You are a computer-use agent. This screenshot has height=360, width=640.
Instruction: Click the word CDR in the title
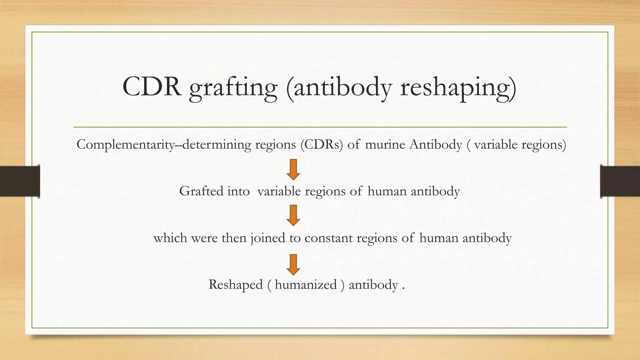click(x=152, y=87)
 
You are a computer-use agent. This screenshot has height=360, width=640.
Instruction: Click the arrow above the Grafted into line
click(x=293, y=170)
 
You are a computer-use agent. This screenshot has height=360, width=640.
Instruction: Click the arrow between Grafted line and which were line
click(x=293, y=215)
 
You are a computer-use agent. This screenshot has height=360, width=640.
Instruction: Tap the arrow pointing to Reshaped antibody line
click(x=293, y=264)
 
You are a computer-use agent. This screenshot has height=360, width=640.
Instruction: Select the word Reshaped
click(x=235, y=285)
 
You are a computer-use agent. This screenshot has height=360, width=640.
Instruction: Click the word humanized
click(x=306, y=285)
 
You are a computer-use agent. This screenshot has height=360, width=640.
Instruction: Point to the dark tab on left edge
click(x=20, y=181)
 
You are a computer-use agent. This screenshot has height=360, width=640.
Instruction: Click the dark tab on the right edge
click(x=620, y=181)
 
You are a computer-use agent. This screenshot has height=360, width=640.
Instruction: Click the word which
click(x=170, y=238)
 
